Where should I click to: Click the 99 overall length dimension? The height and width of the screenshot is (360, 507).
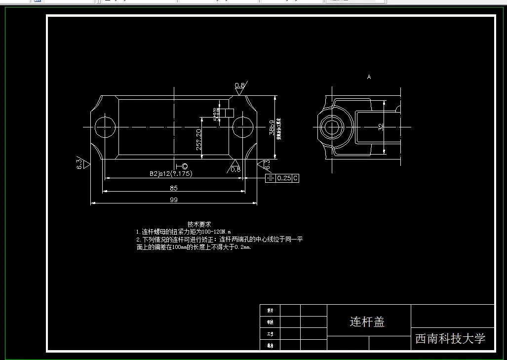pyautogui.click(x=173, y=200)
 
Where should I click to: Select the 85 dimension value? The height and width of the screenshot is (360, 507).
pyautogui.click(x=173, y=188)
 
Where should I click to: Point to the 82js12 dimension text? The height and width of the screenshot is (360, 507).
pyautogui.click(x=170, y=174)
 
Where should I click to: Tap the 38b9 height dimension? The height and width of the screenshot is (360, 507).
pyautogui.click(x=272, y=127)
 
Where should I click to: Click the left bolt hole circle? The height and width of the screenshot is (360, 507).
pyautogui.click(x=104, y=127)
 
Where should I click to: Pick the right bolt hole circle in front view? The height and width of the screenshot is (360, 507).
pyautogui.click(x=242, y=127)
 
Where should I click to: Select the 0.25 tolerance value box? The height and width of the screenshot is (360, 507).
pyautogui.click(x=284, y=178)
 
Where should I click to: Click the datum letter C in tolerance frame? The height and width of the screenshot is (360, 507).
pyautogui.click(x=296, y=178)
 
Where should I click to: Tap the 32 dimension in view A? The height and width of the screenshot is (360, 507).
pyautogui.click(x=381, y=127)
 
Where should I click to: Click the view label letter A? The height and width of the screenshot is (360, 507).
pyautogui.click(x=369, y=77)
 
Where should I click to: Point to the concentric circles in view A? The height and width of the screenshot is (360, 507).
pyautogui.click(x=331, y=127)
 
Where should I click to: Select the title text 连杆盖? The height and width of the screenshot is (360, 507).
pyautogui.click(x=367, y=322)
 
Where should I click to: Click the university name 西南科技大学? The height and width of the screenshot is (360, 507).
pyautogui.click(x=450, y=338)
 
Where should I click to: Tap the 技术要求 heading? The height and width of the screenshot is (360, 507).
pyautogui.click(x=199, y=224)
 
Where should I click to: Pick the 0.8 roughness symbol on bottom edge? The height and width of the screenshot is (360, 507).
pyautogui.click(x=235, y=168)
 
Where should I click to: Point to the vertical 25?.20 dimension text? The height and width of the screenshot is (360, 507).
pyautogui.click(x=198, y=140)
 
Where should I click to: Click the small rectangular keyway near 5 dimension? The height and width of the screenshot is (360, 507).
pyautogui.click(x=229, y=113)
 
